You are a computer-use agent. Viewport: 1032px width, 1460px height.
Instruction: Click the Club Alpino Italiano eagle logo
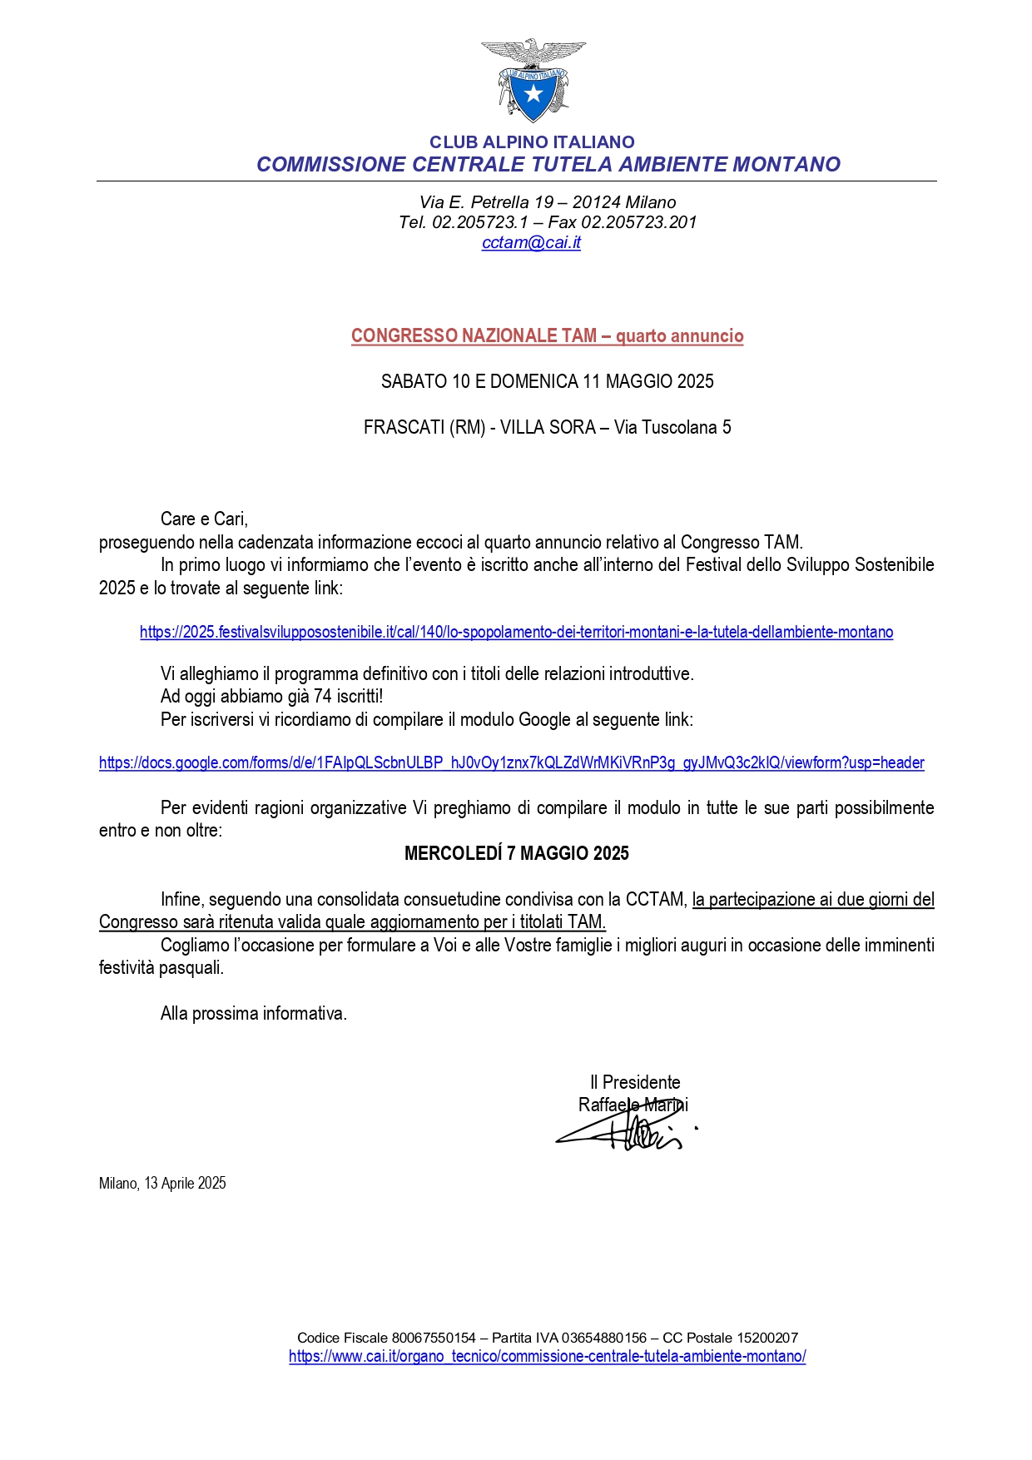[533, 80]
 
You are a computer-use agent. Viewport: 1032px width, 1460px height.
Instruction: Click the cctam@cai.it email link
[531, 242]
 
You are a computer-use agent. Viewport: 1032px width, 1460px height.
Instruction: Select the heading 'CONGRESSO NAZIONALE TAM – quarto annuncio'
[547, 335]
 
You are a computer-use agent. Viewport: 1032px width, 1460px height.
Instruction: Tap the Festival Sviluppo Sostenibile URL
[516, 632]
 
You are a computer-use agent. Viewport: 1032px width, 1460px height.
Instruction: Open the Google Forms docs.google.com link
[511, 762]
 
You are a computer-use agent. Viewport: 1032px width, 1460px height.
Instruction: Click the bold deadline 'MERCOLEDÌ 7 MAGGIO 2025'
[516, 853]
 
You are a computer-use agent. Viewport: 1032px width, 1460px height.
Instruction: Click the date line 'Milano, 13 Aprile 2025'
[162, 1183]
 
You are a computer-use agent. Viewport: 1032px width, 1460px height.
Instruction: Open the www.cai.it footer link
[547, 1356]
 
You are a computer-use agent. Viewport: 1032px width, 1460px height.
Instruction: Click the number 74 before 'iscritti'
[322, 696]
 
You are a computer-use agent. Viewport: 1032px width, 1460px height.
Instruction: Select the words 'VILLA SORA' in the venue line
[548, 427]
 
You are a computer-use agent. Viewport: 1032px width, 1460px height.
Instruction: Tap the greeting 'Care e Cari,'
[204, 519]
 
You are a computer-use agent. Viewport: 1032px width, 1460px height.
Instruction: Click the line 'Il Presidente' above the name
[635, 1082]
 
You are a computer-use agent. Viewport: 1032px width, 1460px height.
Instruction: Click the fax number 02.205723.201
[638, 222]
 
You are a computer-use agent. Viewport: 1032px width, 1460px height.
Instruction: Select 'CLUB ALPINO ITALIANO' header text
[532, 142]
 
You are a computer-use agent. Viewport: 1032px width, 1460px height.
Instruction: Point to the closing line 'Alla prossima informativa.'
[253, 1013]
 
